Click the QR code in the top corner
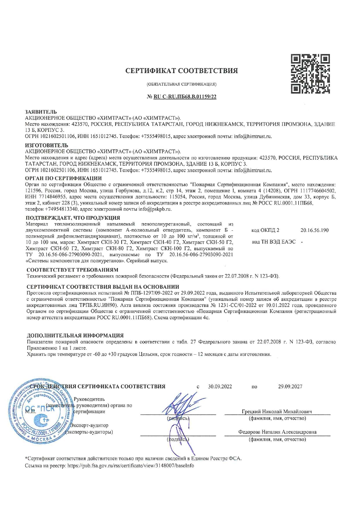coord(310,73)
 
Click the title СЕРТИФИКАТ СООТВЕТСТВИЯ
coord(181,71)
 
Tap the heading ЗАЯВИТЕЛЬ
coord(41,112)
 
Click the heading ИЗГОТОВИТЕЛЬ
coord(46,145)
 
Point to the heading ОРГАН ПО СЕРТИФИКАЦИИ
coord(63,178)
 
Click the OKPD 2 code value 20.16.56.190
coord(314,230)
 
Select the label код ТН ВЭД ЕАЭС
coord(273,242)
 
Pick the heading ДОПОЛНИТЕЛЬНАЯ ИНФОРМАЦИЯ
coord(75,335)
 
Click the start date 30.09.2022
coord(220,386)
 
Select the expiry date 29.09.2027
coord(290,386)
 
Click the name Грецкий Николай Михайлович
coord(277,411)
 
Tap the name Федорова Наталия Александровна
coord(277,432)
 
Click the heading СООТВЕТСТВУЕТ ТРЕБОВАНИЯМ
coord(72,270)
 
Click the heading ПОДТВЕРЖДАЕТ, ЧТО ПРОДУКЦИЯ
coord(73,218)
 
